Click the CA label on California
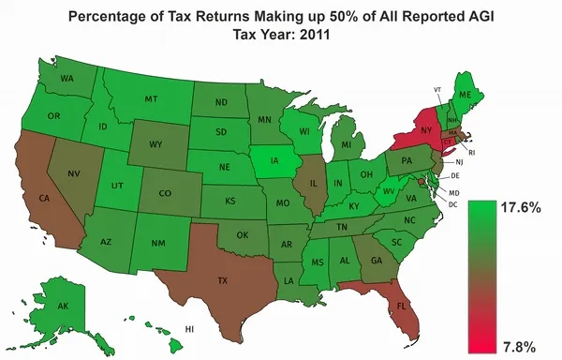43,198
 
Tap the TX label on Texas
224,280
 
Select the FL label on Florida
401,307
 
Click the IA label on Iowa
274,160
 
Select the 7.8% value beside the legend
518,346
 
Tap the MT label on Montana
150,98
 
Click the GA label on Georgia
376,261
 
